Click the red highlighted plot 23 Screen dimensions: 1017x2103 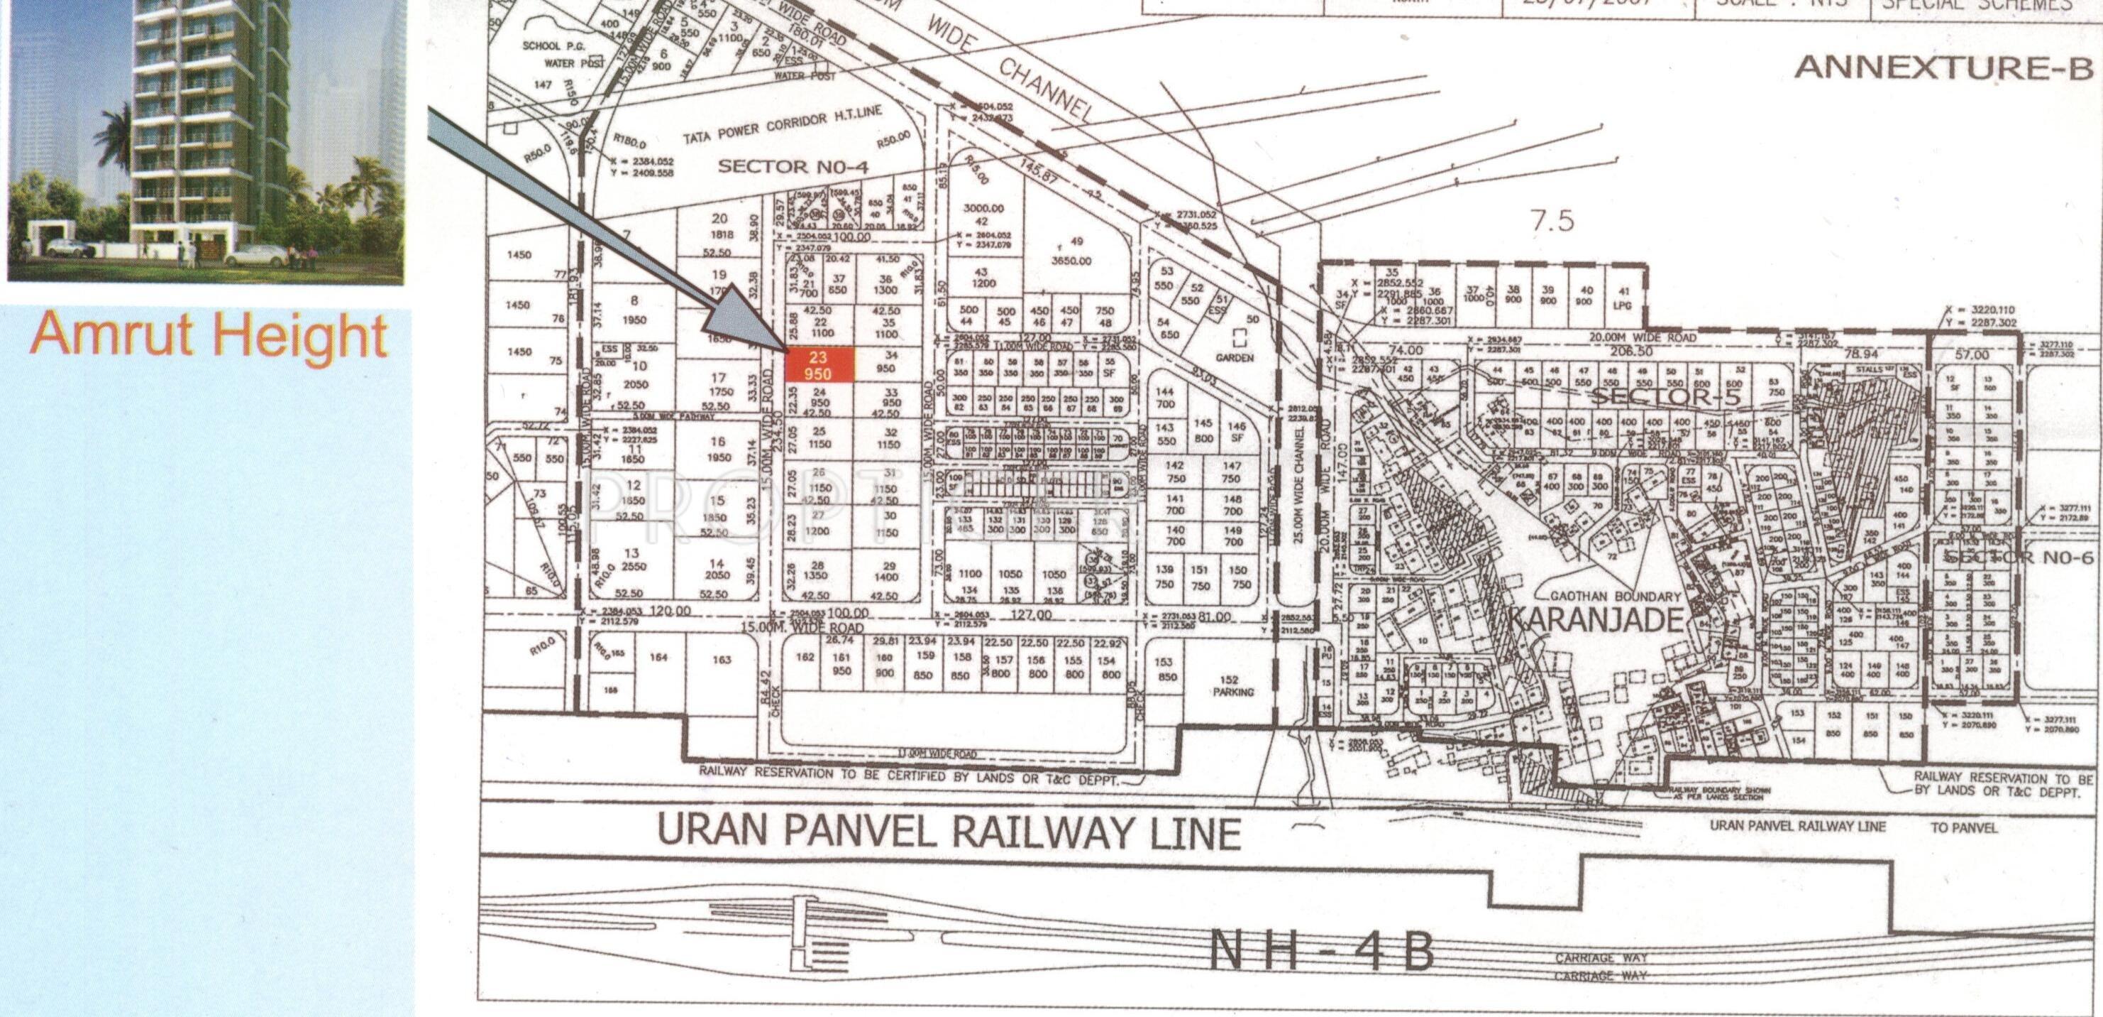pyautogui.click(x=819, y=365)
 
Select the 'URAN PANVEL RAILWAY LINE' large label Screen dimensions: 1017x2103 pyautogui.click(x=948, y=831)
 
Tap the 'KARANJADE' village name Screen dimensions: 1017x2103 pyautogui.click(x=1594, y=619)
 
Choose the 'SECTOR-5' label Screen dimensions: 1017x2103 pyautogui.click(x=1665, y=396)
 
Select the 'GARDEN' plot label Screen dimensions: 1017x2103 pyautogui.click(x=1234, y=358)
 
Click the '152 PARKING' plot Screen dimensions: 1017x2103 pyautogui.click(x=1232, y=685)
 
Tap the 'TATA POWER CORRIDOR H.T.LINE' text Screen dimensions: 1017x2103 pyautogui.click(x=782, y=126)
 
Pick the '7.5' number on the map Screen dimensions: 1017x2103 pyautogui.click(x=1552, y=222)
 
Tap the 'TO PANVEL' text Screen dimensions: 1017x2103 pyautogui.click(x=1963, y=827)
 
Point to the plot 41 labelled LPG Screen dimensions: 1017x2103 pyautogui.click(x=1623, y=298)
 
